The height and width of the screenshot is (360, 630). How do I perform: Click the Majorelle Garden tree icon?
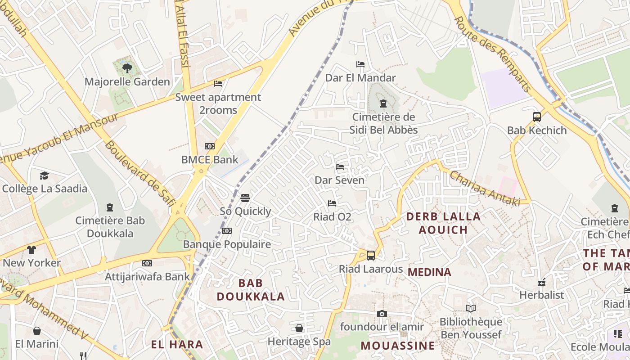[127, 68]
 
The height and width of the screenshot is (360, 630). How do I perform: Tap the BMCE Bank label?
[210, 159]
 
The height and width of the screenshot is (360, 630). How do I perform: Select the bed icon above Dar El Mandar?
[360, 64]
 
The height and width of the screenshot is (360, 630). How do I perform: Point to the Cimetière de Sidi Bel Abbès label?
[384, 123]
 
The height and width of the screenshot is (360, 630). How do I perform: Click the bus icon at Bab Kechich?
[537, 117]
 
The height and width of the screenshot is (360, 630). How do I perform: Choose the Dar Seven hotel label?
[339, 180]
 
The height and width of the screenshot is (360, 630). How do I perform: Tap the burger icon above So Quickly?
[245, 198]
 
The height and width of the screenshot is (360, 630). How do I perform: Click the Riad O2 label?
[332, 217]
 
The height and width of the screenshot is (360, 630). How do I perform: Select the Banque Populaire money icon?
[227, 231]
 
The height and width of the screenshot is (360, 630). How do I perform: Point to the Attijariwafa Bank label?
[147, 276]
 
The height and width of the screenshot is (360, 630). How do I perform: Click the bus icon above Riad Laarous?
[371, 256]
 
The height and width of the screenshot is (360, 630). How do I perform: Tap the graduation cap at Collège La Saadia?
[44, 175]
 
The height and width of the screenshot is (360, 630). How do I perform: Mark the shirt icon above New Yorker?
[31, 249]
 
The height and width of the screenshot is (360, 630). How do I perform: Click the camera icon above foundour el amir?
[382, 314]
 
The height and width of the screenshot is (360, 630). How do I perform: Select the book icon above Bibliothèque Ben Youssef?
[471, 309]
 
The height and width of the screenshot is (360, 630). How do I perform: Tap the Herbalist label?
[541, 295]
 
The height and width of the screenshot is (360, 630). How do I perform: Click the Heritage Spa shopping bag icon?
[299, 328]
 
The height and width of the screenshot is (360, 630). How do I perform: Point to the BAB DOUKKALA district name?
[251, 289]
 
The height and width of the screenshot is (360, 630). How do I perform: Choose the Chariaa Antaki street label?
[484, 189]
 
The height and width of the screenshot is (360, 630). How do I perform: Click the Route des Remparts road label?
[492, 54]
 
